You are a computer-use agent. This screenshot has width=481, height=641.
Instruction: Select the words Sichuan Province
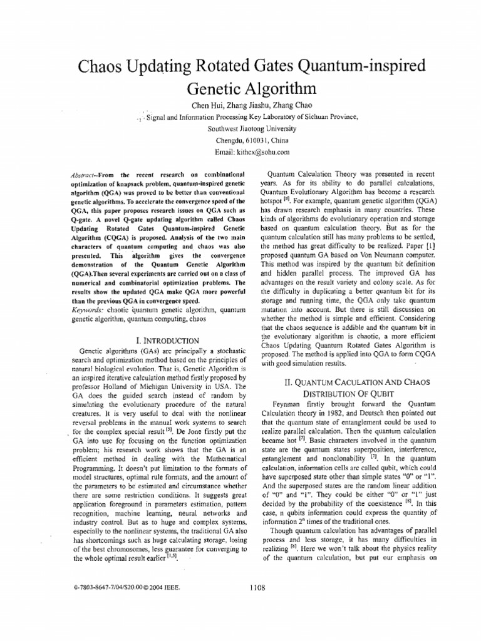332,116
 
